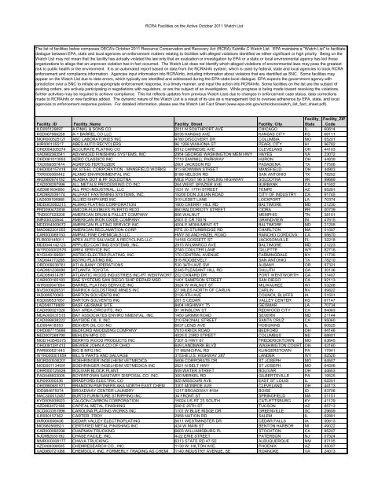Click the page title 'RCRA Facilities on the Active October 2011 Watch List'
194,6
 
